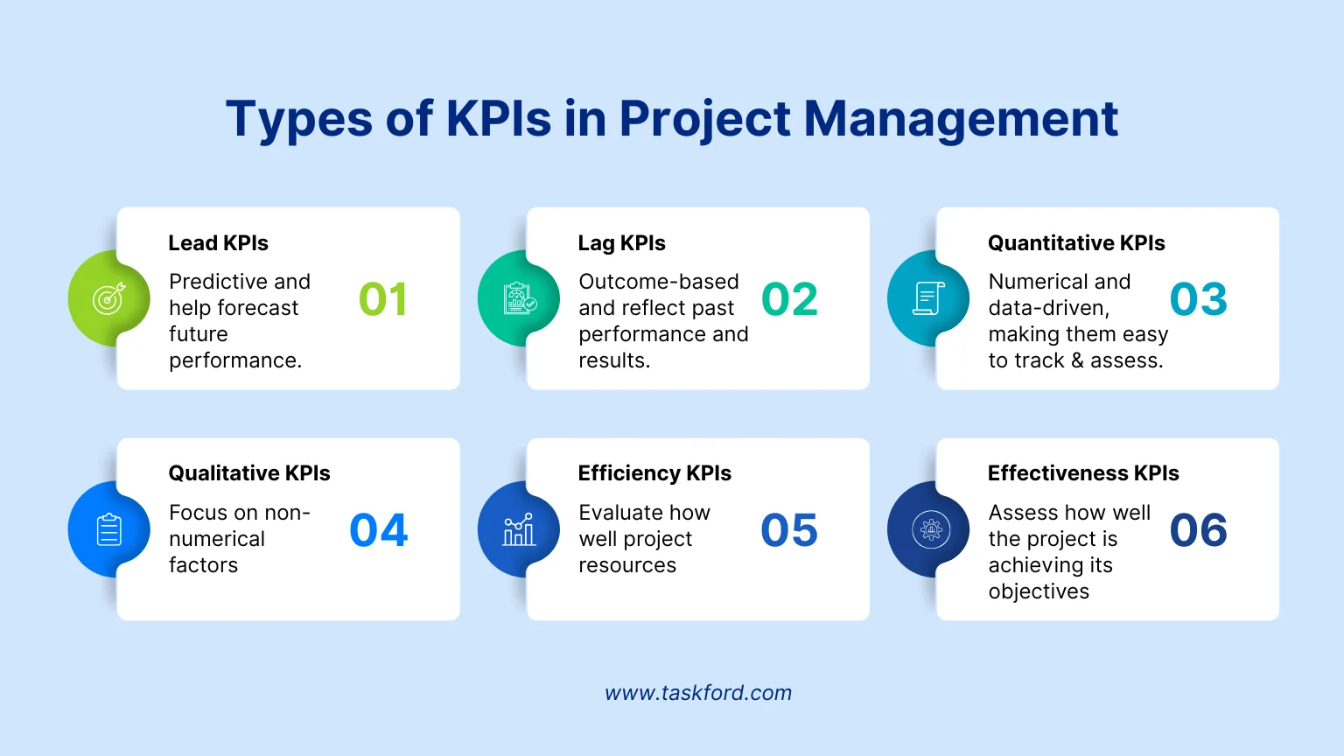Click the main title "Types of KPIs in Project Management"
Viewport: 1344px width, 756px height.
672,119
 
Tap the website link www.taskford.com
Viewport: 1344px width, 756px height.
698,693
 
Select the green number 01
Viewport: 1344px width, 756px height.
383,299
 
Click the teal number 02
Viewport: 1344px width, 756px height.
789,299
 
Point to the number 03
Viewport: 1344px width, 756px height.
1199,299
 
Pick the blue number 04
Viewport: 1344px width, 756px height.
379,530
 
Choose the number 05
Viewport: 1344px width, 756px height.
789,530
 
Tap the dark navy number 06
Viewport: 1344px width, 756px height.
1199,530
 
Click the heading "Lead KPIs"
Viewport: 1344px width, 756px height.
219,243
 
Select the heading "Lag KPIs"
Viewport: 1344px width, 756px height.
622,243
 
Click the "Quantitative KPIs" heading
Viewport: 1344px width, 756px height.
1076,243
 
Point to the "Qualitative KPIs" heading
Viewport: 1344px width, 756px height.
249,473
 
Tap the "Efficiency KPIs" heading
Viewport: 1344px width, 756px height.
654,473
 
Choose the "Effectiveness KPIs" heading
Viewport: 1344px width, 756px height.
1083,473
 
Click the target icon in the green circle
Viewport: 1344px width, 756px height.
109,298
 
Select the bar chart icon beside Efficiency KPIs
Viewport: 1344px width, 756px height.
519,529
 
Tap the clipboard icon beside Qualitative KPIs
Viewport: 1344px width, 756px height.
109,529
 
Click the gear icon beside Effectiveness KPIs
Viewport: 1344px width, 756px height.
929,529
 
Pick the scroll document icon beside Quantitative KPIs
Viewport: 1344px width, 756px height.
928,298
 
